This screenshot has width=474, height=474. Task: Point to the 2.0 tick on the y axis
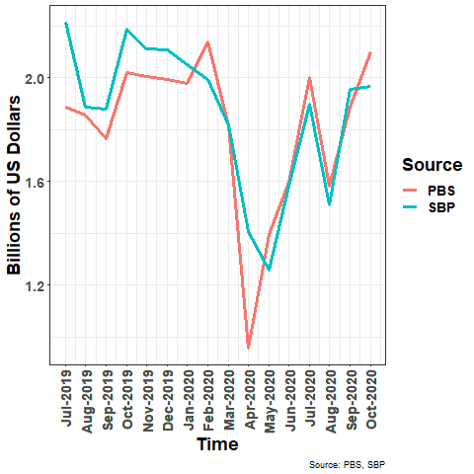click(x=37, y=78)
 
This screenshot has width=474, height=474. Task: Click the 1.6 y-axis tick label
click(x=37, y=182)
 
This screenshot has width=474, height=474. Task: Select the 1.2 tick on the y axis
click(x=37, y=286)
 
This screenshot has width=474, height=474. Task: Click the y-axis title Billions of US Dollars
click(x=15, y=186)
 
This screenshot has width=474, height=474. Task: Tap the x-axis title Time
click(x=217, y=445)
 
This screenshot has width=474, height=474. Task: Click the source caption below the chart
click(x=347, y=464)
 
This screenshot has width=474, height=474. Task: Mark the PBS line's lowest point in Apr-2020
click(x=249, y=348)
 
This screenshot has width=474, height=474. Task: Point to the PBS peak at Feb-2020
click(x=207, y=41)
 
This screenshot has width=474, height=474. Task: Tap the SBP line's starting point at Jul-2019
click(x=66, y=23)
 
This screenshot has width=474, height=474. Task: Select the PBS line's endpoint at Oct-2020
click(x=370, y=52)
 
